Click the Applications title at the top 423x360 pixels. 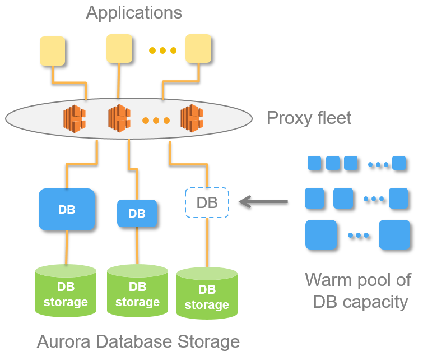tap(134, 12)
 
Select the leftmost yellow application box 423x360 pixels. tap(52, 51)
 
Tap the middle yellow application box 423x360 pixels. tap(119, 48)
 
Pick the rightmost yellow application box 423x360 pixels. tap(198, 48)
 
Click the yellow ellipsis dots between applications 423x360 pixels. tap(162, 51)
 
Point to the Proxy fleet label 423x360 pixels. tap(309, 118)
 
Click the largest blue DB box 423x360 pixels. tap(67, 210)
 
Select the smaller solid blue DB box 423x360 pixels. tap(137, 214)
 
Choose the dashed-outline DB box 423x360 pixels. tap(207, 202)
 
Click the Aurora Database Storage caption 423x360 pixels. tap(138, 341)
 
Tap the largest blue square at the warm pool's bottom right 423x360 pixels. tap(394, 234)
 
